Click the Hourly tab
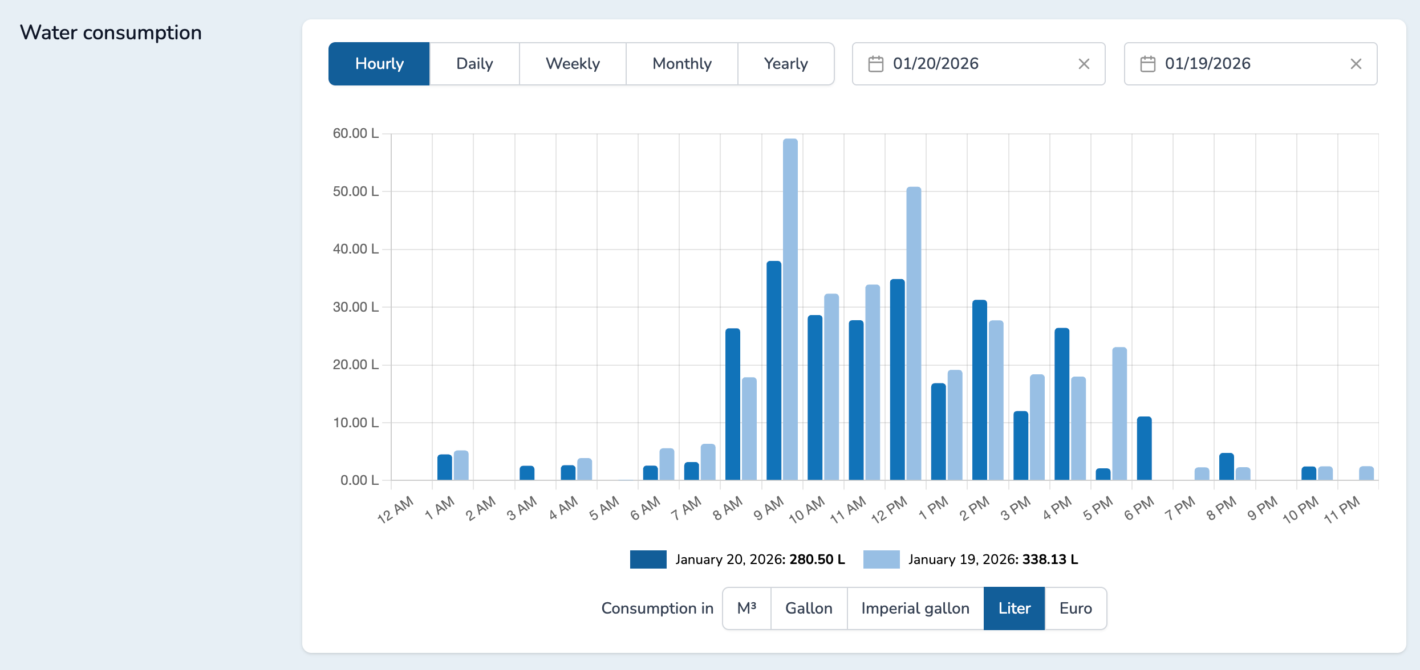point(379,64)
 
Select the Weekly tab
point(573,64)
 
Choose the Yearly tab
point(785,64)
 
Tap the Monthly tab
point(681,64)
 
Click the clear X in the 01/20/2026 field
point(1084,64)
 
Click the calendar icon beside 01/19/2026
point(1147,64)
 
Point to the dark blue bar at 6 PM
point(1144,448)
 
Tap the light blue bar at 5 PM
point(1119,414)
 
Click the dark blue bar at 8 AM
point(732,404)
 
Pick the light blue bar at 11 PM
point(1366,473)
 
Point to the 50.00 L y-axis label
point(355,191)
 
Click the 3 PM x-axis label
point(1016,508)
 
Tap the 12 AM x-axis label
point(395,509)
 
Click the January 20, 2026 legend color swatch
point(648,559)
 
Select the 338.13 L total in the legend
point(1049,559)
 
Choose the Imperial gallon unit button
point(915,608)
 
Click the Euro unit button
point(1075,608)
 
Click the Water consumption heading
point(111,32)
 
